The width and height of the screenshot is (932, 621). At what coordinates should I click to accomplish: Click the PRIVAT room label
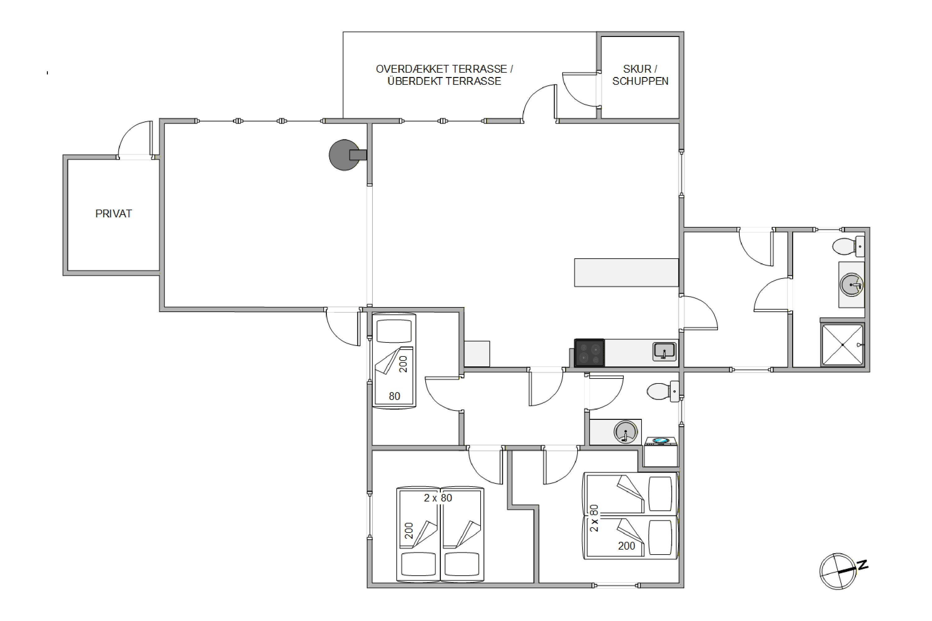click(x=113, y=214)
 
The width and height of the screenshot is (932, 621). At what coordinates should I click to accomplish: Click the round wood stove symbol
click(x=345, y=155)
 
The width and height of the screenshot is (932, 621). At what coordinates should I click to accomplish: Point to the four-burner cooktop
click(x=589, y=353)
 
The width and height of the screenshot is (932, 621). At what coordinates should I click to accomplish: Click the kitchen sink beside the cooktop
click(x=665, y=352)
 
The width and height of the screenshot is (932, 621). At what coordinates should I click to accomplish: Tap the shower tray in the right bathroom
click(x=843, y=345)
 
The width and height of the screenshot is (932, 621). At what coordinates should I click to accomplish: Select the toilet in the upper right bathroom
click(x=848, y=246)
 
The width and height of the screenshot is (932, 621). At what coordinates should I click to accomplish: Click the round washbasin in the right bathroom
click(x=852, y=284)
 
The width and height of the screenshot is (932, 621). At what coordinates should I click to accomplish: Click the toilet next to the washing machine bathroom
click(x=663, y=391)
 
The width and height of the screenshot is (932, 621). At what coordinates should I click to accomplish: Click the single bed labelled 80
click(x=394, y=360)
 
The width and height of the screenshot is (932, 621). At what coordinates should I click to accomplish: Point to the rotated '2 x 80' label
click(x=594, y=518)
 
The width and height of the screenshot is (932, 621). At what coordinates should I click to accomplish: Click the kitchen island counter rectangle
click(x=627, y=273)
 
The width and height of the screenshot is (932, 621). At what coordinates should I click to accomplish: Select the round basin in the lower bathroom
click(x=626, y=432)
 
